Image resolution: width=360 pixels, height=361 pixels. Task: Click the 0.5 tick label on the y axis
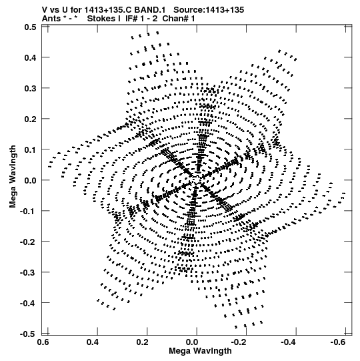pyautogui.click(x=30, y=27)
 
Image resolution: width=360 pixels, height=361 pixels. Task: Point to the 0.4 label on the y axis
pyautogui.click(x=30, y=57)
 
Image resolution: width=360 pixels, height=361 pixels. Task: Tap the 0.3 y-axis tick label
pyautogui.click(x=30, y=88)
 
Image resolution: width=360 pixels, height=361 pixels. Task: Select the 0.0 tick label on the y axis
pyautogui.click(x=30, y=180)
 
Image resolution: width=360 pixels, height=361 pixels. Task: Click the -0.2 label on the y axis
pyautogui.click(x=28, y=242)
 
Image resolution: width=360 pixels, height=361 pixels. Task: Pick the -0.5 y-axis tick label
pyautogui.click(x=28, y=334)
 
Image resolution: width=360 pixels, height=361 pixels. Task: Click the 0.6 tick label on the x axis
pyautogui.click(x=43, y=342)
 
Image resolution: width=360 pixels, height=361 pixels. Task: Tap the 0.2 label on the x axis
pyautogui.click(x=143, y=342)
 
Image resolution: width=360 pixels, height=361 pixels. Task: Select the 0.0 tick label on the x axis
pyautogui.click(x=192, y=342)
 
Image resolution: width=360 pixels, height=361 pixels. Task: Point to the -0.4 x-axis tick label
pyautogui.click(x=289, y=342)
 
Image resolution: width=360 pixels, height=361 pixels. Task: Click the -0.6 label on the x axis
pyautogui.click(x=339, y=342)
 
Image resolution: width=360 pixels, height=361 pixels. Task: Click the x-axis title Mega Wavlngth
pyautogui.click(x=200, y=352)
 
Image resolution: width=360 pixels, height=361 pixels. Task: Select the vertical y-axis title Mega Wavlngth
pyautogui.click(x=13, y=177)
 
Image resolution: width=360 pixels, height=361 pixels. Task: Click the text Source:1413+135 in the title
pyautogui.click(x=209, y=10)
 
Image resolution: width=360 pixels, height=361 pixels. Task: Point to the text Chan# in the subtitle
pyautogui.click(x=175, y=19)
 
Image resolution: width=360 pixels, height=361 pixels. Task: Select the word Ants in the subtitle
pyautogui.click(x=52, y=19)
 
